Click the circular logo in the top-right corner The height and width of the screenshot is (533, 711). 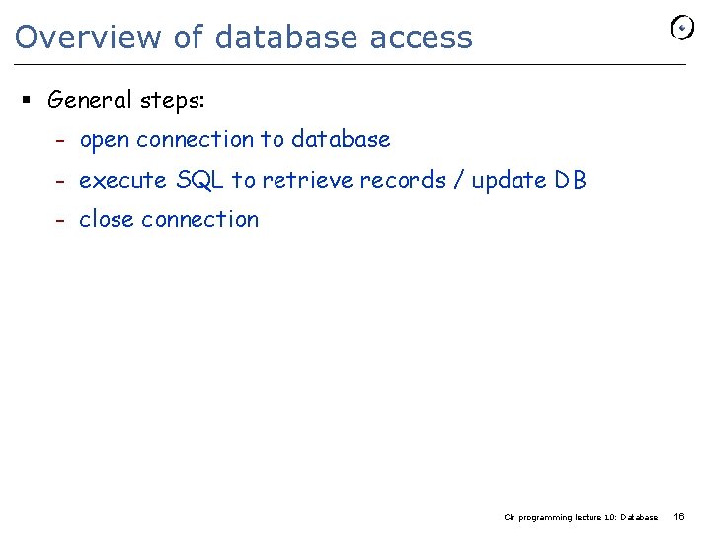(682, 29)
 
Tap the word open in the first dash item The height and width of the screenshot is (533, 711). (104, 140)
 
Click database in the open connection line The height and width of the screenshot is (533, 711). (341, 140)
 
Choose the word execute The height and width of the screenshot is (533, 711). (122, 181)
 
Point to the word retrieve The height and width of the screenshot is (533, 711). (307, 181)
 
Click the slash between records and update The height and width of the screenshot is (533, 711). (459, 181)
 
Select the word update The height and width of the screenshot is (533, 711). (509, 181)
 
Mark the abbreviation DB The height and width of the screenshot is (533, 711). (570, 181)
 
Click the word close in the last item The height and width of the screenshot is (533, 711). (106, 220)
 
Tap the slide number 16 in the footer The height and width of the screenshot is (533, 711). (678, 516)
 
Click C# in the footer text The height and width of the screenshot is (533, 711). (509, 517)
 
